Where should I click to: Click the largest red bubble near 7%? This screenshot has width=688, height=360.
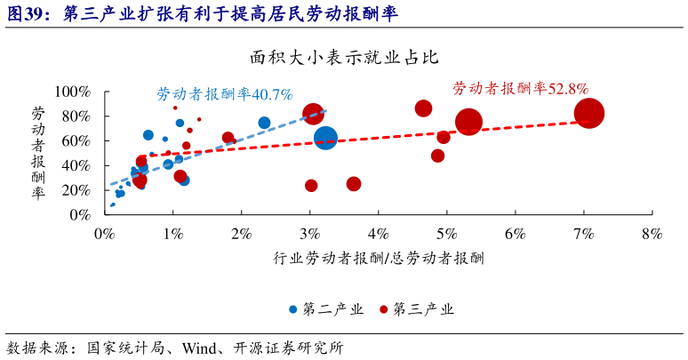pyautogui.click(x=589, y=113)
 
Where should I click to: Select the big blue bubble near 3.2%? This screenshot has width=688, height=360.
pyautogui.click(x=325, y=138)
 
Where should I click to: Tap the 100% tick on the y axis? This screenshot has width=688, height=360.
pyautogui.click(x=74, y=92)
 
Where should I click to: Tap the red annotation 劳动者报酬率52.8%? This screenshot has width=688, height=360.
pyautogui.click(x=520, y=88)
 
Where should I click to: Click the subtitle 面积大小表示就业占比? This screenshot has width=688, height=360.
pyautogui.click(x=344, y=59)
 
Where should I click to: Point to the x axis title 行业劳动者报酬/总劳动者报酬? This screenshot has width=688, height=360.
pyautogui.click(x=379, y=258)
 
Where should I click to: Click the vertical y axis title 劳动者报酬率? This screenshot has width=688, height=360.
pyautogui.click(x=38, y=153)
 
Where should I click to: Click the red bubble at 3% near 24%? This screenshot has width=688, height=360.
pyautogui.click(x=311, y=186)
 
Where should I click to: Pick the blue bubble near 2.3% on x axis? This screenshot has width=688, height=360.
pyautogui.click(x=264, y=124)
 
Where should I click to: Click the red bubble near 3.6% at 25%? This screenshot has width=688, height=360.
pyautogui.click(x=354, y=184)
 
